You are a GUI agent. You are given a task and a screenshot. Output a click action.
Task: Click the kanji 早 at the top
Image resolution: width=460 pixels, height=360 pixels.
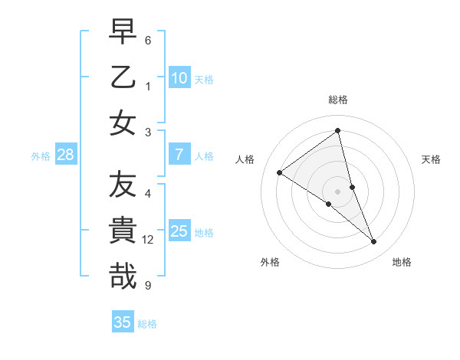pos(123,34)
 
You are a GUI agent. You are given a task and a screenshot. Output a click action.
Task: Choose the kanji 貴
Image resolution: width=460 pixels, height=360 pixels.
pos(123,231)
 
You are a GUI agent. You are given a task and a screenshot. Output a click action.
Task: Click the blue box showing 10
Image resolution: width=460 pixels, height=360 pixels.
pos(179,78)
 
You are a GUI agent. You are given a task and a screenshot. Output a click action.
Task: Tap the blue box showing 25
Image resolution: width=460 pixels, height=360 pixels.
pos(179,231)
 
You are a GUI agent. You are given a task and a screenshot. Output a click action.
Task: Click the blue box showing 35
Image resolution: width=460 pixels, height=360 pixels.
pos(123,322)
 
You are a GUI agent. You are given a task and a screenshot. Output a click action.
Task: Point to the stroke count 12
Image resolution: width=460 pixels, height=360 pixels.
pos(148,241)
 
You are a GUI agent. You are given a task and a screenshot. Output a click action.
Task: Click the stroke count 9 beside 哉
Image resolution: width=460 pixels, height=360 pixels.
pos(148,286)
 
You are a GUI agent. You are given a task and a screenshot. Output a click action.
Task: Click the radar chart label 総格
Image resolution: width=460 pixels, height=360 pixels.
pos(338,100)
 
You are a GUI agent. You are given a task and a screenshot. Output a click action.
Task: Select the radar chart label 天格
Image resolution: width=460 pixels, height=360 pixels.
pos(432,159)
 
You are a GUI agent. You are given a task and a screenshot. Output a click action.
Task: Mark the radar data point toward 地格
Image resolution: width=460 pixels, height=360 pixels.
pos(374,242)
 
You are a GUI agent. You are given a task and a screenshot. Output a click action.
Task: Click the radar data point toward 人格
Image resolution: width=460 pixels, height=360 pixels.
pos(280,173)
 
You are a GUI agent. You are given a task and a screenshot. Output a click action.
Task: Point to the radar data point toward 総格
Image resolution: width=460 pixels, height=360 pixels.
pos(338,131)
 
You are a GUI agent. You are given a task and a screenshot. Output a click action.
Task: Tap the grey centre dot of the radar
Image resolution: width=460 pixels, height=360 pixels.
pos(338,191)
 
